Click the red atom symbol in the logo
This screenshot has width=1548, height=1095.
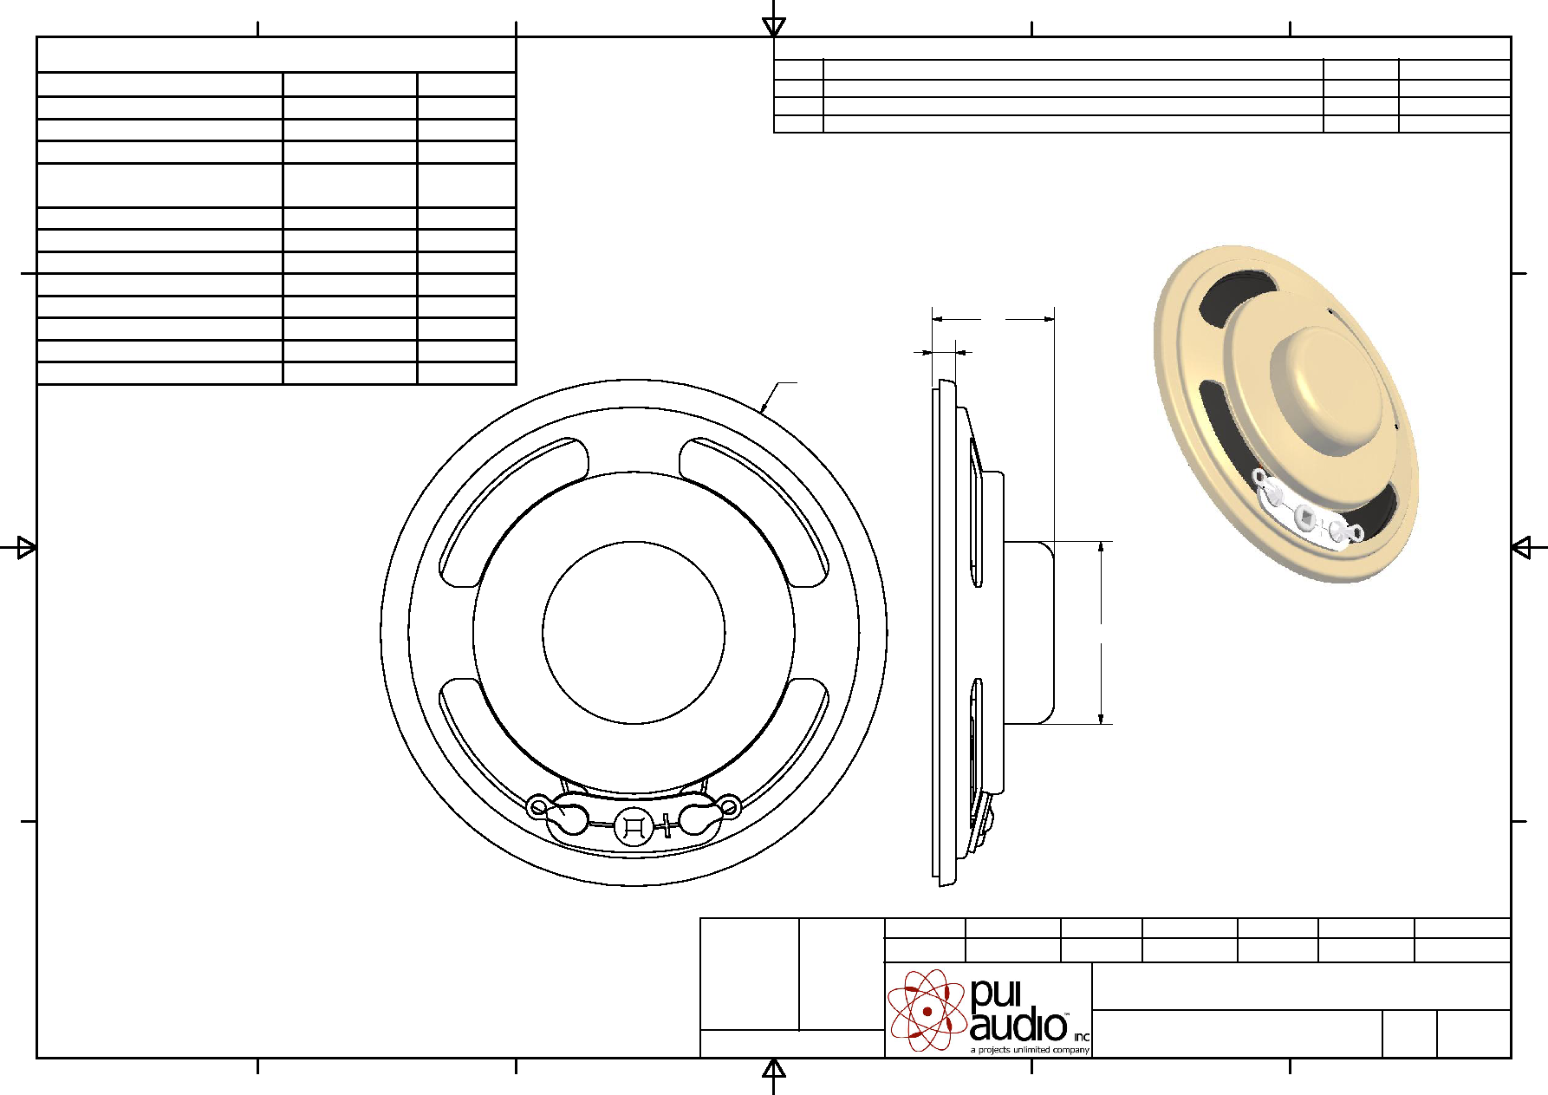point(927,1010)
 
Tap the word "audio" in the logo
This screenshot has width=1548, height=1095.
point(1018,1026)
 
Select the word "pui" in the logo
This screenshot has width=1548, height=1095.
point(996,994)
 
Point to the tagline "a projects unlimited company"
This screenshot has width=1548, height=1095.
point(1030,1050)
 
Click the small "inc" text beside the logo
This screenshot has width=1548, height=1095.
point(1082,1037)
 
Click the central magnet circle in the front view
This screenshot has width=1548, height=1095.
point(634,632)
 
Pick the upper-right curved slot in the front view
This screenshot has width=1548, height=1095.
point(754,512)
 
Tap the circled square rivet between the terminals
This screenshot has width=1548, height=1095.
point(634,826)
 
